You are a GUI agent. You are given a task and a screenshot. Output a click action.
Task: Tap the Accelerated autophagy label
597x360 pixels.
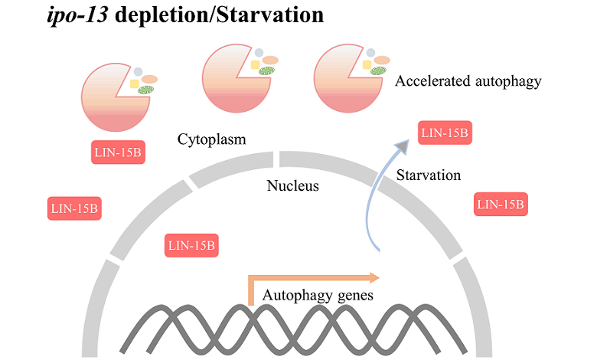(468, 80)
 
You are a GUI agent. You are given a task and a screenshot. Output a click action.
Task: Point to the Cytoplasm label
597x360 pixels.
(217, 139)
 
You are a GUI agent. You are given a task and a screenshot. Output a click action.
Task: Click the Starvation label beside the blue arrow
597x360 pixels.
(429, 175)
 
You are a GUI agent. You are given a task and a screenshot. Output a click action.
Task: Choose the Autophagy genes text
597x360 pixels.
(318, 294)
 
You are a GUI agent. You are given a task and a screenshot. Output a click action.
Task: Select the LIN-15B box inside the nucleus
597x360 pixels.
(192, 246)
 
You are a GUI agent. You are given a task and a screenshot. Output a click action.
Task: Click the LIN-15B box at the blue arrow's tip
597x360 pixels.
(445, 133)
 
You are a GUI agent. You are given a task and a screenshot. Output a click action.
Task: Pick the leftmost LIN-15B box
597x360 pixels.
(74, 208)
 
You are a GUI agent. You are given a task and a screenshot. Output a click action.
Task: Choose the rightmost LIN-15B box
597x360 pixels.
(501, 204)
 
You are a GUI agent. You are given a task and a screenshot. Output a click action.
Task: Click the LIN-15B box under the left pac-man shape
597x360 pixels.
(118, 152)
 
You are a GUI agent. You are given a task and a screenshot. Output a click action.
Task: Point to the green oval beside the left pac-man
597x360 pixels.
(145, 90)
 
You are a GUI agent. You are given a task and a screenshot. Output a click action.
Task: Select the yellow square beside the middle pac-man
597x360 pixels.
(256, 65)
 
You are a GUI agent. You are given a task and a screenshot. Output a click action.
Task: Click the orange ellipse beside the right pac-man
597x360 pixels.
(383, 61)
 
